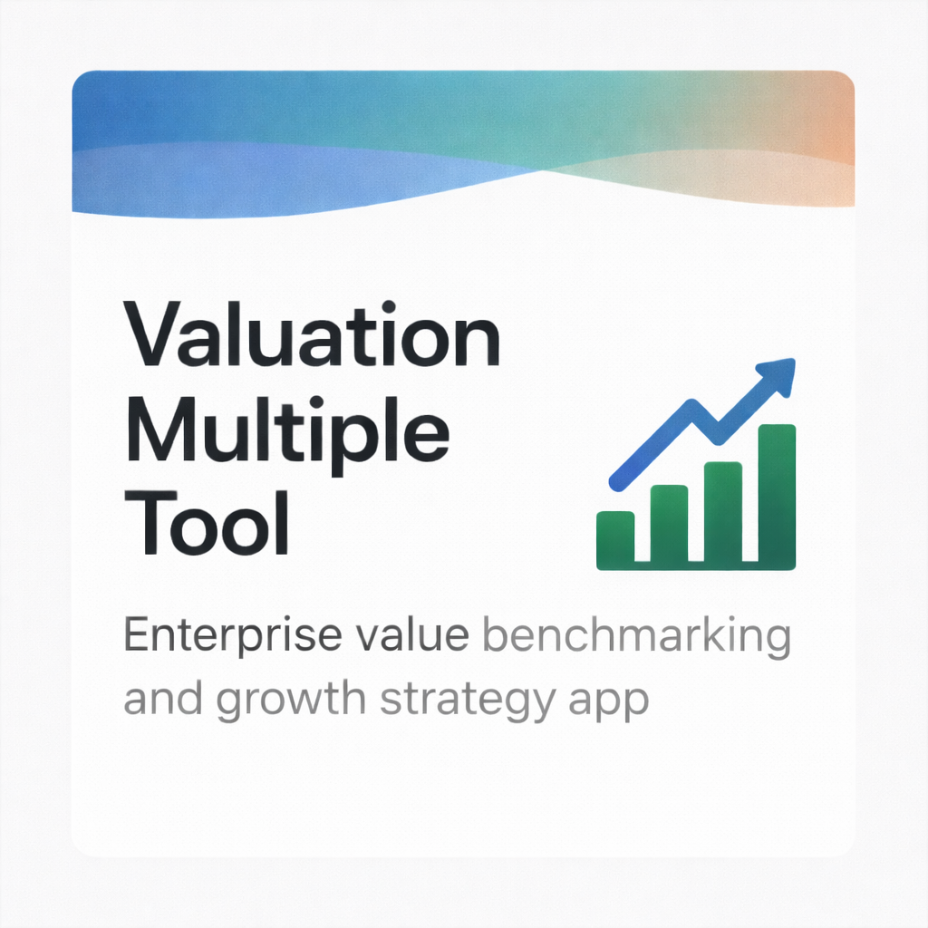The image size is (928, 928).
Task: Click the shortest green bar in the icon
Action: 615,540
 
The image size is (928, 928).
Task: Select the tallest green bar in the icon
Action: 777,497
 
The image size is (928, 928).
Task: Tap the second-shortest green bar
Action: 669,527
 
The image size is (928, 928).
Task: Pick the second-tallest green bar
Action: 723,515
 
